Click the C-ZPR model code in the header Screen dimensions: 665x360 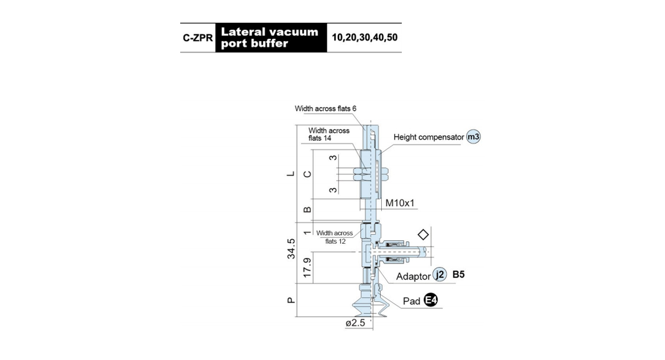(198, 38)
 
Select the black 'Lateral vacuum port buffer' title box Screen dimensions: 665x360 (271, 38)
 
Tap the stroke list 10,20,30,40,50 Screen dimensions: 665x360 (365, 38)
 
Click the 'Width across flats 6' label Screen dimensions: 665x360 (325, 109)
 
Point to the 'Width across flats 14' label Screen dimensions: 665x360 (329, 134)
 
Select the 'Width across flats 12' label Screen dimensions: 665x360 (335, 237)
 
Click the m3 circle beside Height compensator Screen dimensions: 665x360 (473, 137)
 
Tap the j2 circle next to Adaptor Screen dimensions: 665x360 (439, 275)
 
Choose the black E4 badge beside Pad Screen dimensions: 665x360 (431, 300)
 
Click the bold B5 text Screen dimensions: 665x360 (458, 275)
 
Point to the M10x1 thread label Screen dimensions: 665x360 (400, 203)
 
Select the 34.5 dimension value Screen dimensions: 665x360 (291, 249)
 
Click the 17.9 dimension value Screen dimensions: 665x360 (307, 268)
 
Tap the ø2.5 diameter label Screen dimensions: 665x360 (355, 323)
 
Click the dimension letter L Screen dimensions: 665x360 (291, 173)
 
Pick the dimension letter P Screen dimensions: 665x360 (291, 300)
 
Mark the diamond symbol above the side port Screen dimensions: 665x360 (423, 234)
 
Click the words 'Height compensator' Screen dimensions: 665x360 (428, 137)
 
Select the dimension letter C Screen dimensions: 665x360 (307, 174)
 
